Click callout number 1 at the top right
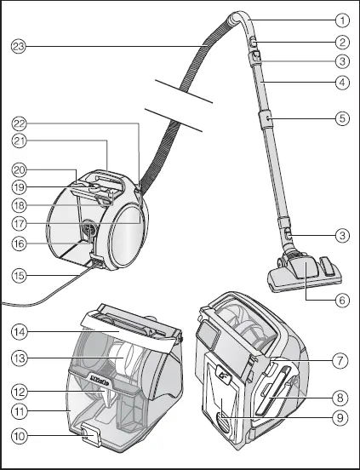(341, 19)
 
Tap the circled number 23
(19, 45)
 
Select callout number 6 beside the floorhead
(341, 300)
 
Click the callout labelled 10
(19, 436)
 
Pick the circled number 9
(341, 418)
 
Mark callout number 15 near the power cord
(341, 361)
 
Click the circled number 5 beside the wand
(341, 118)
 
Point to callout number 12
(19, 390)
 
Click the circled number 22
(19, 123)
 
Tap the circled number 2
(341, 41)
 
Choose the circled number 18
(19, 205)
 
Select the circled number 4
(341, 83)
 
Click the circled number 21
(19, 140)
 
